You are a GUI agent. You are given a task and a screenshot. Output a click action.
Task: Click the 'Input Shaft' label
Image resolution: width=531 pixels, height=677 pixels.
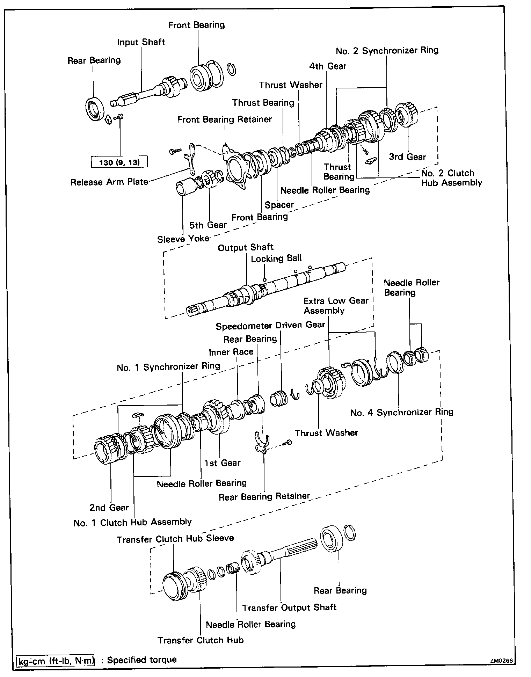pyautogui.click(x=141, y=42)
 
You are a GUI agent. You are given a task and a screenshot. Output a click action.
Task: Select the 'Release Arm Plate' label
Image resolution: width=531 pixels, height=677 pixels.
pyautogui.click(x=109, y=182)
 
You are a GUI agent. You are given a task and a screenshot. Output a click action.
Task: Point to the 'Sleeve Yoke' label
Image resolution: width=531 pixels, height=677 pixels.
pyautogui.click(x=183, y=239)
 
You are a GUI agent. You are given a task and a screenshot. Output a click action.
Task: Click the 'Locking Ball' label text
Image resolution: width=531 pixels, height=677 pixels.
pyautogui.click(x=276, y=259)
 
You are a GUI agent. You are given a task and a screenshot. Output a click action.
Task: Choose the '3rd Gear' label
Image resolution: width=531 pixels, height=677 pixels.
pyautogui.click(x=407, y=157)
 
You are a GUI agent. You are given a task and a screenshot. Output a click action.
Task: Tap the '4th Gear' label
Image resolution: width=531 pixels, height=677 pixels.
pyautogui.click(x=327, y=66)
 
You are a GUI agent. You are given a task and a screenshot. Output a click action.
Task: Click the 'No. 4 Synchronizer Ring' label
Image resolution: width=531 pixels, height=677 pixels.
pyautogui.click(x=402, y=413)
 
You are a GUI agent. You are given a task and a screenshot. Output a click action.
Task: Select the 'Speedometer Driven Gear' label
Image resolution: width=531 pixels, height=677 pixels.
pyautogui.click(x=270, y=326)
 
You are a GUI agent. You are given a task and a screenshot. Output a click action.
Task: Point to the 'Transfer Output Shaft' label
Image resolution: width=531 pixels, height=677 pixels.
pyautogui.click(x=289, y=607)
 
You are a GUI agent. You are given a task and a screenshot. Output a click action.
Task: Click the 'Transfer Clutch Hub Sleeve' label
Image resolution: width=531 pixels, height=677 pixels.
pyautogui.click(x=175, y=539)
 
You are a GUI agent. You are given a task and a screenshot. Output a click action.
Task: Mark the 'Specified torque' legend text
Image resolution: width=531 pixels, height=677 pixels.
pyautogui.click(x=142, y=660)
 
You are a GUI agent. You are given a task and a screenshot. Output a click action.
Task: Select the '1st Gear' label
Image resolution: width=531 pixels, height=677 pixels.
pyautogui.click(x=223, y=463)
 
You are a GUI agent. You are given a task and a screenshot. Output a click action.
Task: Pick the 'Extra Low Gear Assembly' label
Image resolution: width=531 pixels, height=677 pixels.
pyautogui.click(x=336, y=306)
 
